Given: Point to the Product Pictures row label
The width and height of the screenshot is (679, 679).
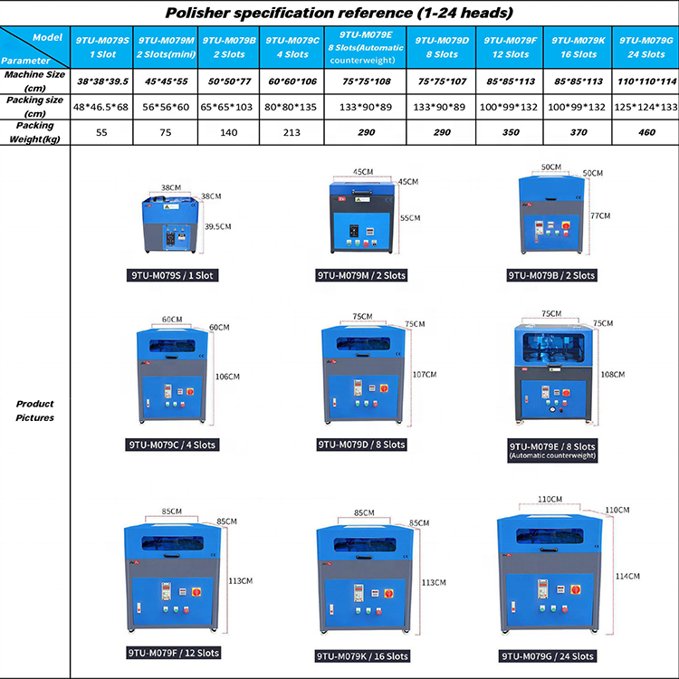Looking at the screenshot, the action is [x=34, y=411].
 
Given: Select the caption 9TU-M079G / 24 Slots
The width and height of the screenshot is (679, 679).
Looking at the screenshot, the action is [x=548, y=655].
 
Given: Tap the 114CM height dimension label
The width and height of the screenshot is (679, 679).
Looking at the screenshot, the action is [x=627, y=576].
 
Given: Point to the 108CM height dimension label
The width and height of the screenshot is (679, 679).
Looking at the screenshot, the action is [x=613, y=374].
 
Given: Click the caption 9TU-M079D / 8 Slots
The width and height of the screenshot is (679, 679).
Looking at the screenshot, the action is [x=361, y=445].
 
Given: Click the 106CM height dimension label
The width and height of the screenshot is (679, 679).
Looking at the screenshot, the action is [x=228, y=376].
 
